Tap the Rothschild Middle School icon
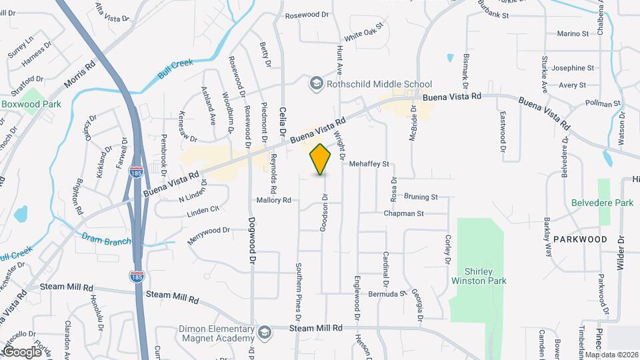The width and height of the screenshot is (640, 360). coord(316,83)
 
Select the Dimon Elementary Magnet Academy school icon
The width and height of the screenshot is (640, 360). coord(265,331)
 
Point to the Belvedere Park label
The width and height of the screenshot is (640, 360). coord(602,203)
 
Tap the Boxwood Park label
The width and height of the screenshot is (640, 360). coord(31,104)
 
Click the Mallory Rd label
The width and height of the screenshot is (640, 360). coord(274,199)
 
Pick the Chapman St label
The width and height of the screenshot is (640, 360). coord(403,213)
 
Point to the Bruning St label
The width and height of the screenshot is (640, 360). coord(420,197)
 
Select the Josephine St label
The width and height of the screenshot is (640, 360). coord(572,68)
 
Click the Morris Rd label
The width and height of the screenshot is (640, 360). coord(81,73)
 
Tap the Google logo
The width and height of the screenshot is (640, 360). coord(22,351)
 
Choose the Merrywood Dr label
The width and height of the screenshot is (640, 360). coord(208,235)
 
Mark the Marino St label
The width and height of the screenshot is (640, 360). coord(573,33)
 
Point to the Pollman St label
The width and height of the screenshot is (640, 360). coord(603,104)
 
